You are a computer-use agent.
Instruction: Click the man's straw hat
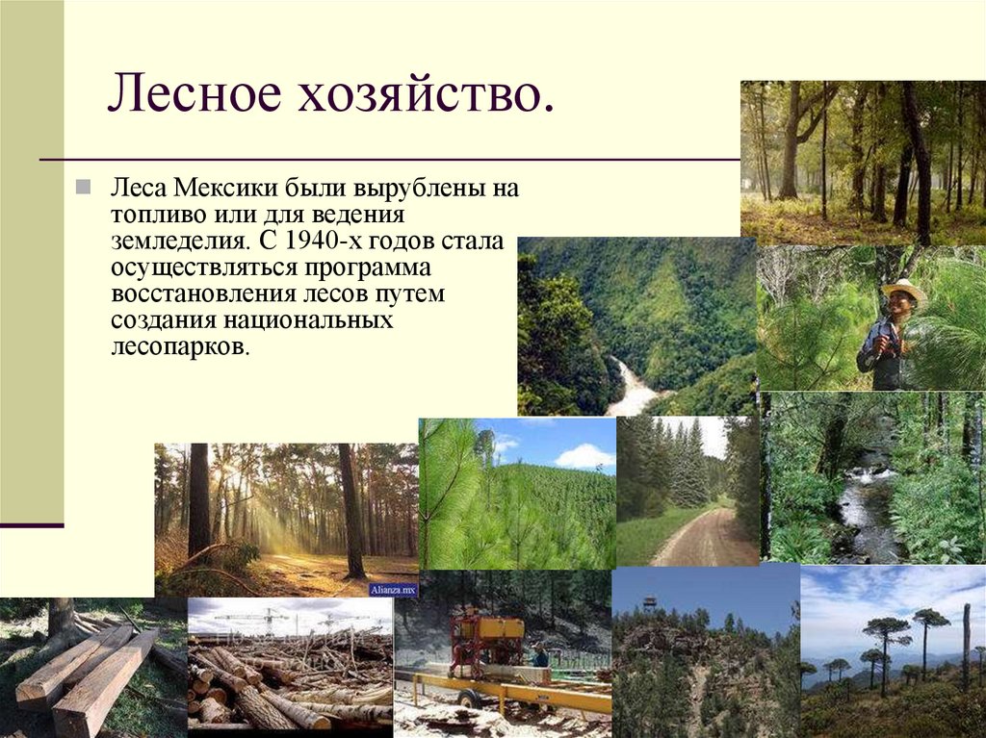(x=901, y=290)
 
